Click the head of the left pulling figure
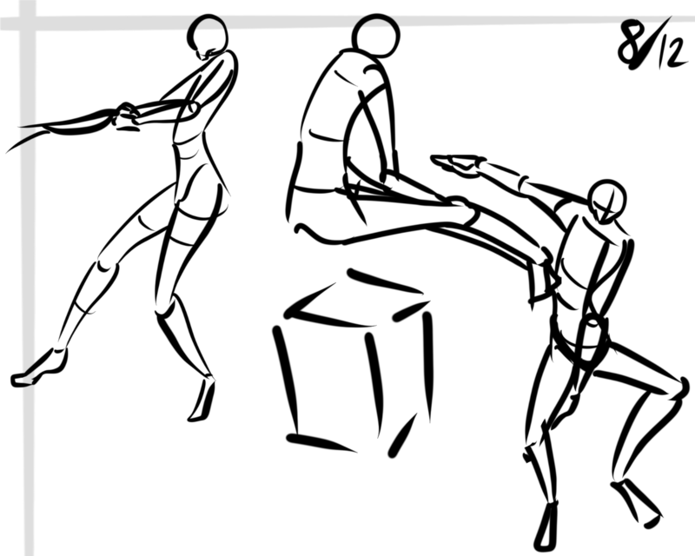click(208, 35)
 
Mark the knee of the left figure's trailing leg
click(107, 265)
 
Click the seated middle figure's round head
click(376, 36)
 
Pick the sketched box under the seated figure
click(353, 361)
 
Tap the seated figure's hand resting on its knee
click(465, 211)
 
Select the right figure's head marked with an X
click(607, 201)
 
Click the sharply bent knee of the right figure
click(678, 390)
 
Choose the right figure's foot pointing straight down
click(546, 526)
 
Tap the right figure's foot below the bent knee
click(637, 503)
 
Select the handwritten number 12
click(672, 52)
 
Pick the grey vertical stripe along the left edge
click(28, 278)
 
